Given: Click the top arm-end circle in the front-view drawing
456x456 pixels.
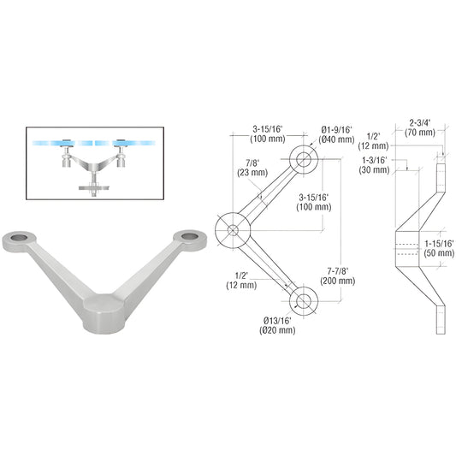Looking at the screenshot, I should coord(303,158).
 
